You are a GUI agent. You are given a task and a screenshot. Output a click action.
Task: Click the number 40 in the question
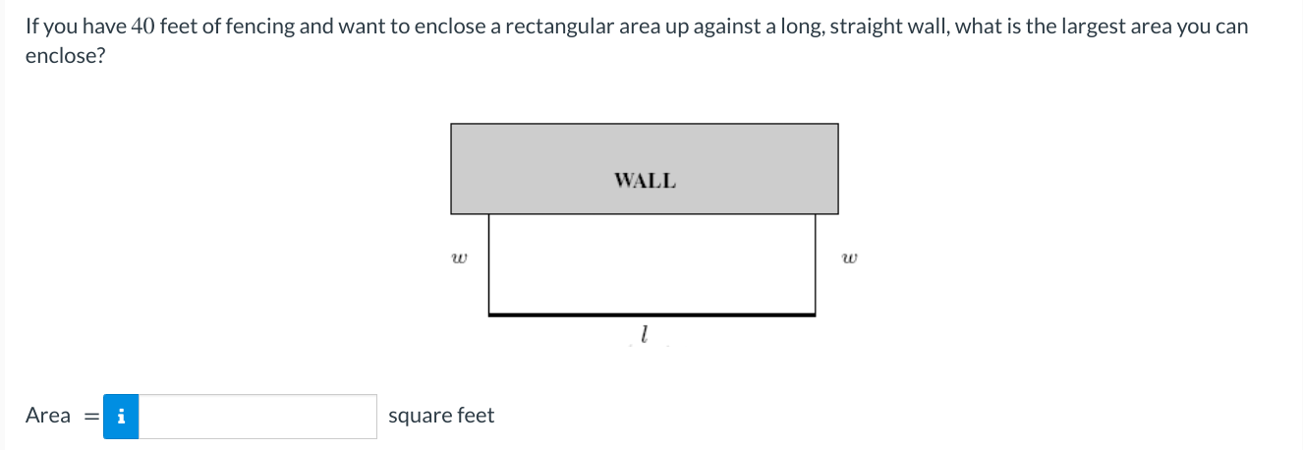(142, 27)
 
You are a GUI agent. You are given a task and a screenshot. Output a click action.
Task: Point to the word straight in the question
(868, 27)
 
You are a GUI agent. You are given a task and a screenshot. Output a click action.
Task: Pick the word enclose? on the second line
(65, 55)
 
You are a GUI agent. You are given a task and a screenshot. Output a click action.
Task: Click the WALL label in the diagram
(645, 181)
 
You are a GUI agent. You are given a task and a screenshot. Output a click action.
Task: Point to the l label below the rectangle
(643, 336)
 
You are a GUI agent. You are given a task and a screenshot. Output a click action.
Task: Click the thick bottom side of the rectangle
(651, 314)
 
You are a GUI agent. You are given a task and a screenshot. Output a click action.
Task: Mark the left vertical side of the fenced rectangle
(489, 263)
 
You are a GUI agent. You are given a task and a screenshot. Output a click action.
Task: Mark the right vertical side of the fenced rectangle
(815, 263)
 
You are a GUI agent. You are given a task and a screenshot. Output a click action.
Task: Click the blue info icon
(121, 417)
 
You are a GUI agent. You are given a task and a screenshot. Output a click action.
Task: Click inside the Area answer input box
(257, 417)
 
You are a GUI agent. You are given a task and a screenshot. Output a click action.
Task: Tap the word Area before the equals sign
(48, 416)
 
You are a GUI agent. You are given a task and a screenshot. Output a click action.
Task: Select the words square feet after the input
(441, 416)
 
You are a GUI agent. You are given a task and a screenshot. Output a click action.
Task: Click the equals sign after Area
(90, 417)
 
